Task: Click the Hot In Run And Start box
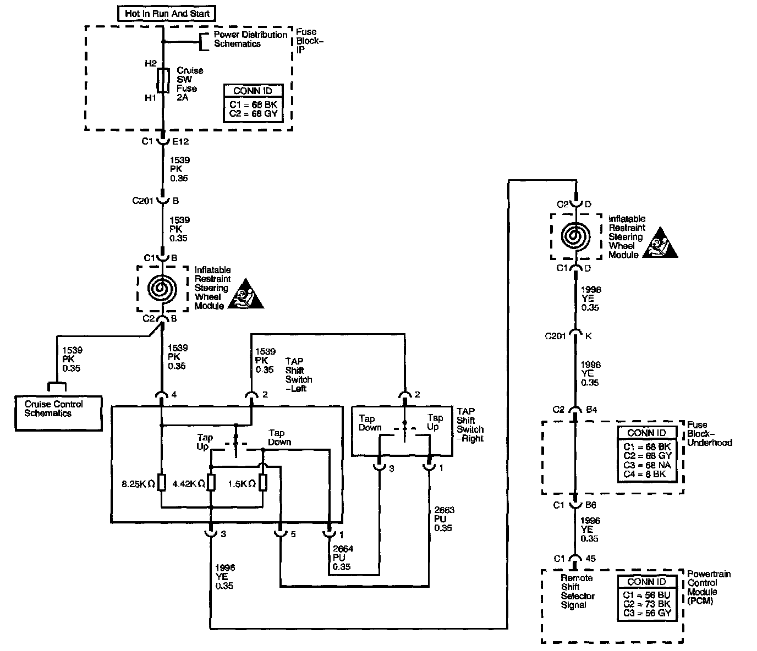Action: [167, 13]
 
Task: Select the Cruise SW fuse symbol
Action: [163, 80]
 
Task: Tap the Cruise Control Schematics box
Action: [58, 409]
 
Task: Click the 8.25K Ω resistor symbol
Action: [161, 483]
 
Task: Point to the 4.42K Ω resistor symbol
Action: [210, 483]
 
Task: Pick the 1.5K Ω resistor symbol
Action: [263, 483]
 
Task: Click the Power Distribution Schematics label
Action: [250, 39]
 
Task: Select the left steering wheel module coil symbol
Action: [161, 288]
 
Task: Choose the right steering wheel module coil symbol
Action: [575, 236]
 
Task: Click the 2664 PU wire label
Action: [342, 558]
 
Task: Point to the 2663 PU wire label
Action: [443, 518]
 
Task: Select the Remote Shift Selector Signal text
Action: [577, 592]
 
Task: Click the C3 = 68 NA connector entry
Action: [648, 465]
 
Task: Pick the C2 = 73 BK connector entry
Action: [647, 604]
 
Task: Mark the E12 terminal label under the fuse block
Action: [180, 141]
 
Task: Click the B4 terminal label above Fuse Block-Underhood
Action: [591, 410]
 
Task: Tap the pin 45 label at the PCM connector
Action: [591, 559]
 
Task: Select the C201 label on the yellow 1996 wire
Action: [555, 336]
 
